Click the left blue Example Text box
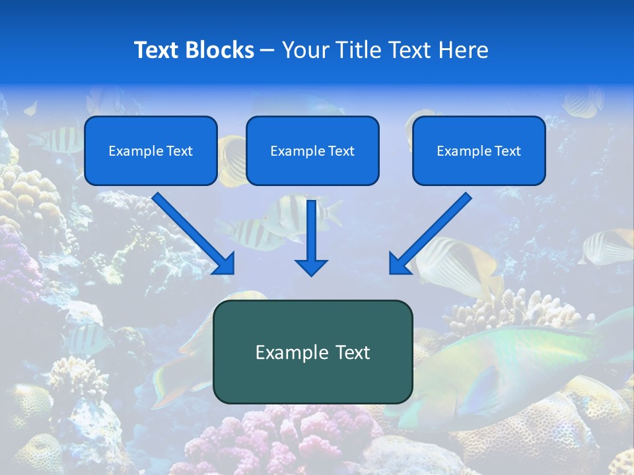pos(151,150)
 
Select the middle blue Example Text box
pos(312,150)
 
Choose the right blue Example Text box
pos(479,150)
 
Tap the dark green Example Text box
pos(312,352)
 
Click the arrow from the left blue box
pos(192,231)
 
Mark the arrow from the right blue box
pos(433,231)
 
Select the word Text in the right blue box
pos(507,151)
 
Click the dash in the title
pos(267,50)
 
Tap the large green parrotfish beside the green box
pos(502,369)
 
